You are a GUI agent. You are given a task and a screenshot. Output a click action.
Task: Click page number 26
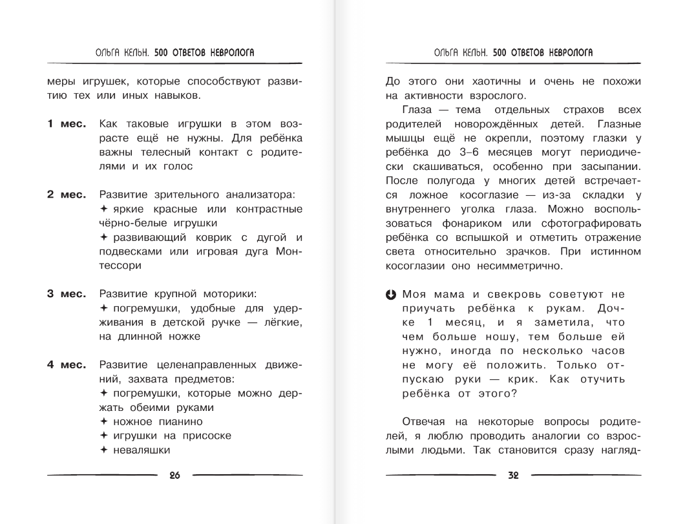174,476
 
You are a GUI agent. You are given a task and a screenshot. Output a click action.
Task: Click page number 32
513,476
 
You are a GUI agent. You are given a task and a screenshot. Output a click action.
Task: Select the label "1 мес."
66,123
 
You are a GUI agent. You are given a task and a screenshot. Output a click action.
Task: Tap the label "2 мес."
66,194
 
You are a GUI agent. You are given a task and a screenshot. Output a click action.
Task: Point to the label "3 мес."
66,294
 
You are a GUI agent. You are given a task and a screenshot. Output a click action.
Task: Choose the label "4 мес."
66,365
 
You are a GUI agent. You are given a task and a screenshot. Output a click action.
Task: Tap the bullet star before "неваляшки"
104,450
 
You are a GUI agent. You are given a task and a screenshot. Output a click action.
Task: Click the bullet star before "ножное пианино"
104,421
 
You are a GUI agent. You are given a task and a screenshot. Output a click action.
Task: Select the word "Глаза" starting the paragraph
419,110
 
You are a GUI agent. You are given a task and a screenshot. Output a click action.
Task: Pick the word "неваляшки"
142,450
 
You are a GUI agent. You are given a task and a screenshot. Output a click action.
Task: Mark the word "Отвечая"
425,421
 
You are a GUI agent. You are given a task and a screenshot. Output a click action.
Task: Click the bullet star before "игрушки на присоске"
104,435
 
